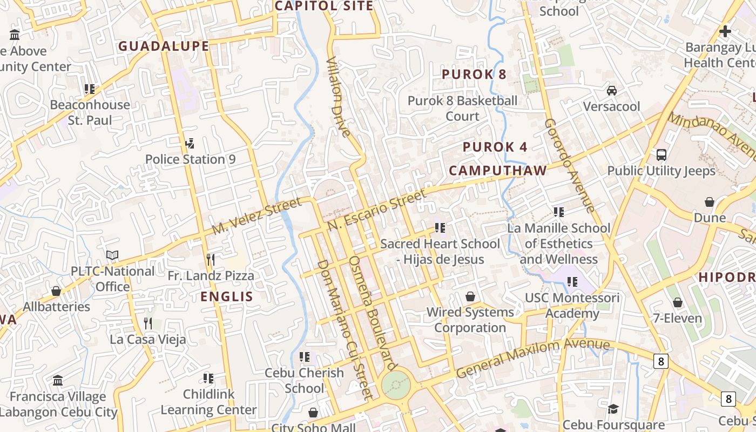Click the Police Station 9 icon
coord(189,144)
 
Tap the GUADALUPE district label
coord(164,46)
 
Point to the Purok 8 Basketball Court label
coord(462,108)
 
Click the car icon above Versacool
coord(612,90)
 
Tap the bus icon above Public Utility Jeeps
coord(661,155)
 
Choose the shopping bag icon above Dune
coord(710,202)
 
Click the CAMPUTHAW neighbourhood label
coord(498,171)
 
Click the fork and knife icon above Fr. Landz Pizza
coord(211,260)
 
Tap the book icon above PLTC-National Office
coord(112,255)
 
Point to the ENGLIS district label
coord(227,296)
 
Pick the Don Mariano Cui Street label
coord(345,329)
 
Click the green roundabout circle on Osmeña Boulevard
coord(396,385)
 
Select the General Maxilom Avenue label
coord(532,357)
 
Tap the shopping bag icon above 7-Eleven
coord(678,302)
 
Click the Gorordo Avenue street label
coord(569,165)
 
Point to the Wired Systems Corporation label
coord(470,320)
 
